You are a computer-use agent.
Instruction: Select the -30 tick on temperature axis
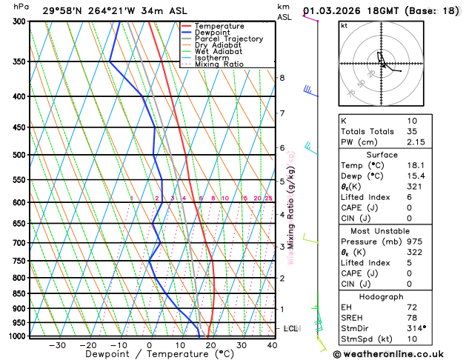[x=57, y=345]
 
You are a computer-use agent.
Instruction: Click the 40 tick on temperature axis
[x=273, y=345]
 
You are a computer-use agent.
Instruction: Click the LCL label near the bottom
[x=291, y=328]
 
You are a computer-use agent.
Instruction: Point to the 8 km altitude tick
[x=282, y=78]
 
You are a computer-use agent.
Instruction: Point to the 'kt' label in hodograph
[x=344, y=25]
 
